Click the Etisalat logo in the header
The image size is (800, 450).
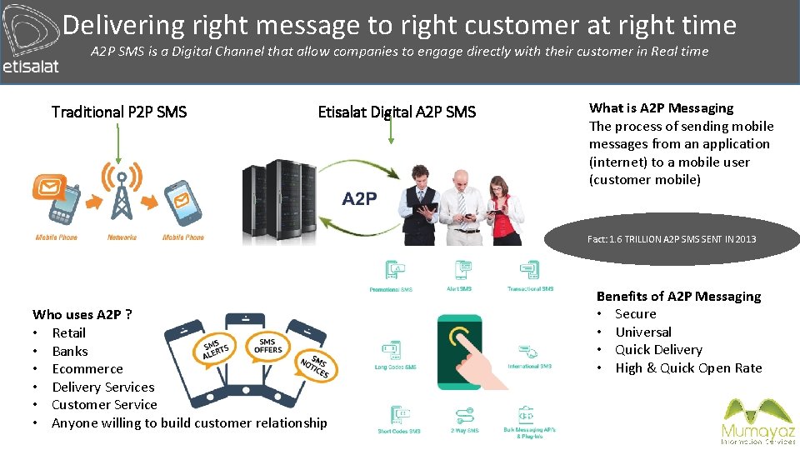pyautogui.click(x=31, y=42)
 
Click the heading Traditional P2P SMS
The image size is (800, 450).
pyautogui.click(x=119, y=112)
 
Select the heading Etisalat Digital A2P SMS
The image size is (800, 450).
pyautogui.click(x=397, y=112)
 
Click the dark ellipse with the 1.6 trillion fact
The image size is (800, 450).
pyautogui.click(x=672, y=239)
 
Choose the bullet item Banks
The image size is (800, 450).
pyautogui.click(x=69, y=351)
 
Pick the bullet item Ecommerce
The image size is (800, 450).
pyautogui.click(x=87, y=369)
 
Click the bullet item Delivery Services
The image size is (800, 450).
pyautogui.click(x=102, y=387)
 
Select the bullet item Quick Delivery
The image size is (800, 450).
pyautogui.click(x=658, y=350)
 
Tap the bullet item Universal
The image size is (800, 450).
pyautogui.click(x=642, y=332)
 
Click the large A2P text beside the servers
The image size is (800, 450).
pyautogui.click(x=359, y=199)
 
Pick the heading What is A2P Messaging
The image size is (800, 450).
pyautogui.click(x=661, y=107)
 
